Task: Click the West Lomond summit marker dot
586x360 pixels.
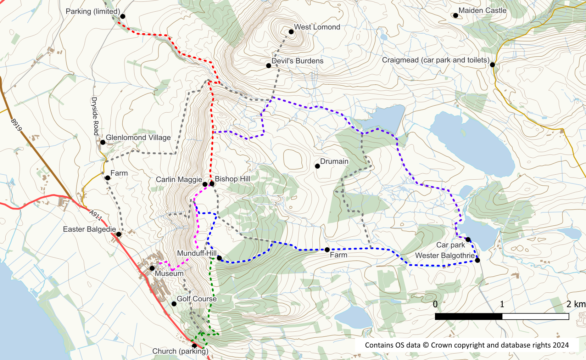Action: coord(291,32)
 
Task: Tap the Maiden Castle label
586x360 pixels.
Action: coord(482,11)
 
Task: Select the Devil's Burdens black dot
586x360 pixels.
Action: coord(269,66)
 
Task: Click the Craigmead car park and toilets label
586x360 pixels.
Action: coord(435,60)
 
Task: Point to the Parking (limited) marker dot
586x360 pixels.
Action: coord(123,16)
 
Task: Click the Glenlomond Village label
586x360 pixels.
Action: coord(138,137)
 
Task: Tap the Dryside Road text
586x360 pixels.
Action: coord(95,116)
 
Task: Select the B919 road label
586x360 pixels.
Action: coord(16,125)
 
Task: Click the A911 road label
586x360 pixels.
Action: coord(96,215)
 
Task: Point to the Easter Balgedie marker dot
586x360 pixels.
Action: coord(119,234)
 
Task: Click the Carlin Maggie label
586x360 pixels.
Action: coord(179,180)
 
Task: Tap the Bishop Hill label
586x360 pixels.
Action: coord(233,179)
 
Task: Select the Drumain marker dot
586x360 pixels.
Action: coord(317,166)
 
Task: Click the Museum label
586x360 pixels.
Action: coord(169,274)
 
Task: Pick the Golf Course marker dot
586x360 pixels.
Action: coord(174,304)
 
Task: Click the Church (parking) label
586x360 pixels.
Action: coord(180,351)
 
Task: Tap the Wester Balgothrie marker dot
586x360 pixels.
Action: coord(478,260)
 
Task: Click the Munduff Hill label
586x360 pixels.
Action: coord(197,253)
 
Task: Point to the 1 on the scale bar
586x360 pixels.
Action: coord(502,304)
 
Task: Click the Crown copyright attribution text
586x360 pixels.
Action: coord(467,345)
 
